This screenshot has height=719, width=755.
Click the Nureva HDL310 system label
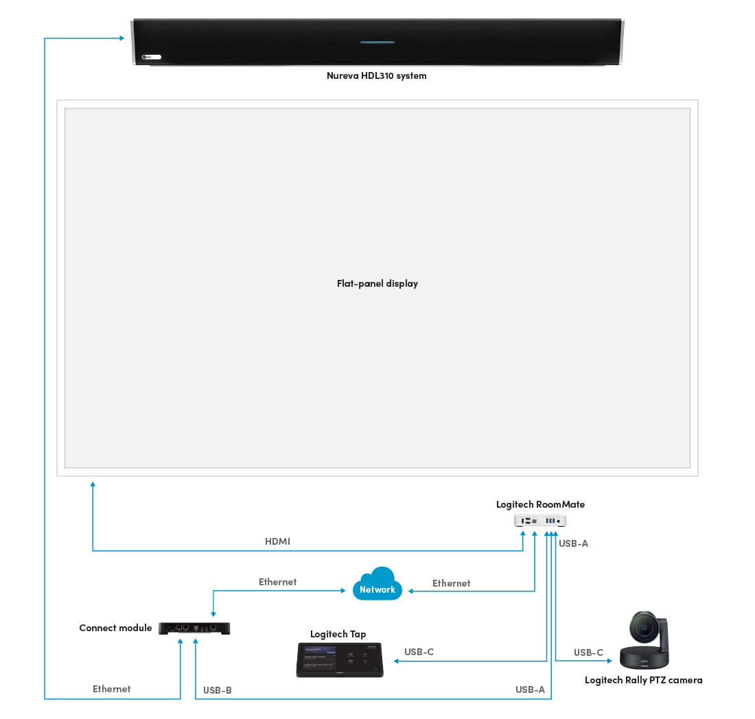pos(376,76)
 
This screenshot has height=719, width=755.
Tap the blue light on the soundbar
pos(377,42)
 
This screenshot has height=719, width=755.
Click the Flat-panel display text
pos(377,283)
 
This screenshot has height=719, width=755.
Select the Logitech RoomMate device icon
pos(540,521)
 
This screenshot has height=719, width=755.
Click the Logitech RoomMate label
pos(540,504)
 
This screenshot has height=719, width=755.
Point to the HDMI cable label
pos(277,541)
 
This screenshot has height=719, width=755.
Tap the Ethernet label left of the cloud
pos(277,582)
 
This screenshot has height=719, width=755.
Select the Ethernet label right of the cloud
pos(451,583)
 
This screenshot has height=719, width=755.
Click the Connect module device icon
pos(194,628)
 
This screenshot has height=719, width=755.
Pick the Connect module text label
pos(115,628)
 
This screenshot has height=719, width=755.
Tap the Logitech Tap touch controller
pos(339,660)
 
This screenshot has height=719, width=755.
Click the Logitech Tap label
pos(338,634)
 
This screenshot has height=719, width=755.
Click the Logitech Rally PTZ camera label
pos(643,680)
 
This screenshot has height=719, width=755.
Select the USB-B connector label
pos(218,690)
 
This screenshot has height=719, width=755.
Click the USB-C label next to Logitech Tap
pos(419,652)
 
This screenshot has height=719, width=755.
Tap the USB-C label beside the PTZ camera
pos(588,652)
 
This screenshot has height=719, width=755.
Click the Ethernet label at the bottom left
pos(111,689)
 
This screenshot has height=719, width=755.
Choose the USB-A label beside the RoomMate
pos(574,543)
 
